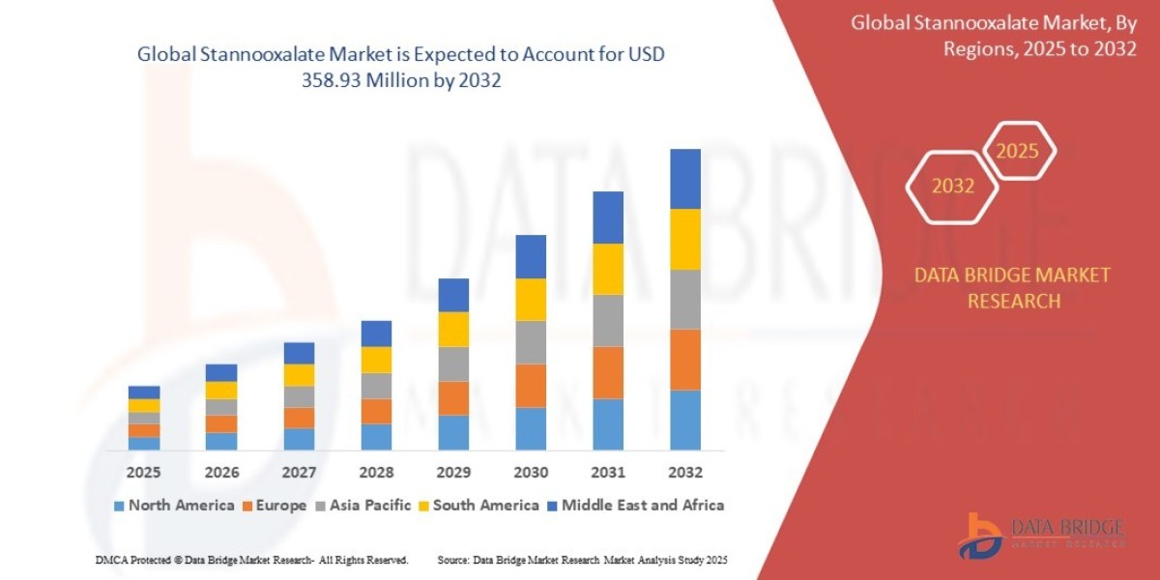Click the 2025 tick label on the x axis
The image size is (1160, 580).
coord(144,473)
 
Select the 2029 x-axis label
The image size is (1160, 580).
coord(453,473)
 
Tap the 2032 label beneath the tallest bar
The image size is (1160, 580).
coord(684,473)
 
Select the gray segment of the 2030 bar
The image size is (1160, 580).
coord(531,342)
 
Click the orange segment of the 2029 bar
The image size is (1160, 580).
coord(453,398)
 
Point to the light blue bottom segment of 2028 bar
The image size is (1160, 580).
coord(376,437)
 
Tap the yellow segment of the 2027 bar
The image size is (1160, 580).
coord(299,375)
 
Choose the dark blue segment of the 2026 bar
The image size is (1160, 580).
coord(221,372)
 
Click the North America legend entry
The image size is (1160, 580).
coord(174,505)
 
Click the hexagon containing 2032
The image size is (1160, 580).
coord(952,187)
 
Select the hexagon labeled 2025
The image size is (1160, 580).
coord(1017,152)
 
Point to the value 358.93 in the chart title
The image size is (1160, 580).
coord(346,81)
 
